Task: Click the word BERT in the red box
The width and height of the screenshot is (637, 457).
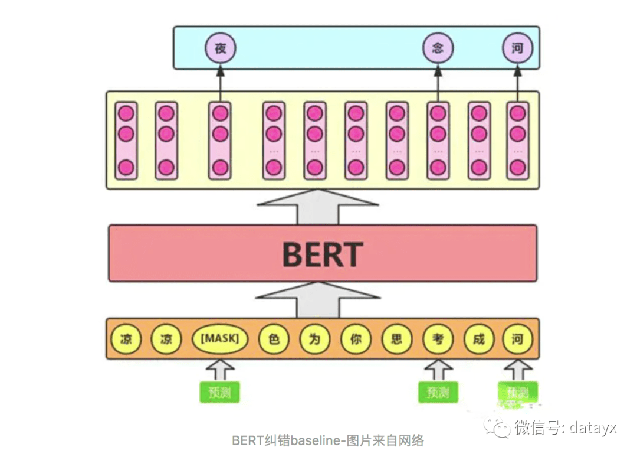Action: click(x=322, y=254)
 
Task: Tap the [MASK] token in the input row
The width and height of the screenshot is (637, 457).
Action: click(x=220, y=340)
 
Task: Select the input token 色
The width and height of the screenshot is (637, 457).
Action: click(x=273, y=340)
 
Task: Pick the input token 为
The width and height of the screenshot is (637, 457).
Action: click(x=314, y=340)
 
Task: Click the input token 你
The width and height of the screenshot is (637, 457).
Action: click(x=356, y=340)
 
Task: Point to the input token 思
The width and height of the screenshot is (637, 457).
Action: click(x=396, y=340)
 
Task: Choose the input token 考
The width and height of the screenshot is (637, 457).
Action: click(x=438, y=340)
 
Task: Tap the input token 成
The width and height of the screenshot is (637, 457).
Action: click(x=478, y=340)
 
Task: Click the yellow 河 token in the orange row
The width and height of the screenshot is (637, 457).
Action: click(x=517, y=340)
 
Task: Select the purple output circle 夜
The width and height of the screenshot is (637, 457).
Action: click(x=220, y=48)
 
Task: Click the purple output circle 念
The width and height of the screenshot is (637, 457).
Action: click(x=438, y=48)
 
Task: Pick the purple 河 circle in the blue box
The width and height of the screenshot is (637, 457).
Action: click(x=517, y=48)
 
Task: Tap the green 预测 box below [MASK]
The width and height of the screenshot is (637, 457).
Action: click(x=219, y=392)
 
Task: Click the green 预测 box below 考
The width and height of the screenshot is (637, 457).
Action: click(x=438, y=392)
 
